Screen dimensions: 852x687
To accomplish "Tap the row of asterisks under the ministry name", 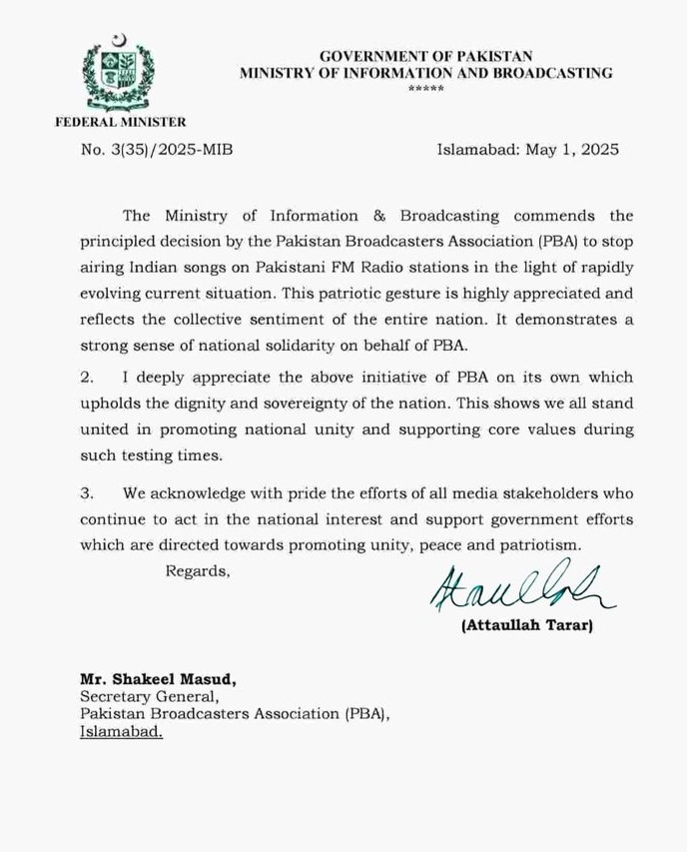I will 426,89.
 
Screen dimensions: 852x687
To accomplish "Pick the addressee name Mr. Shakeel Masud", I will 158,680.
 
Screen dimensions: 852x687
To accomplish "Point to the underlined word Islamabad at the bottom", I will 121,732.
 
